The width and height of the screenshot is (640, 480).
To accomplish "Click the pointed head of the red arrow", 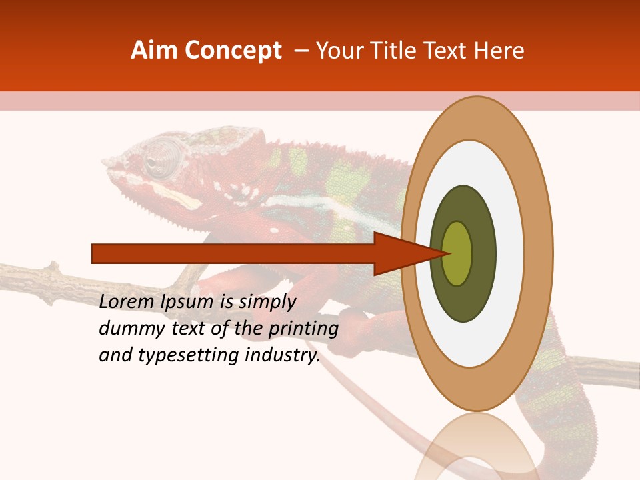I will pos(407,253).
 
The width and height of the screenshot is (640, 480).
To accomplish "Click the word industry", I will pos(283,355).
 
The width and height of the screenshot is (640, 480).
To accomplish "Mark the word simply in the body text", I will pos(267,303).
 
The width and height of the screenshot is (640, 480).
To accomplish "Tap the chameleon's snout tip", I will pos(107,164).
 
